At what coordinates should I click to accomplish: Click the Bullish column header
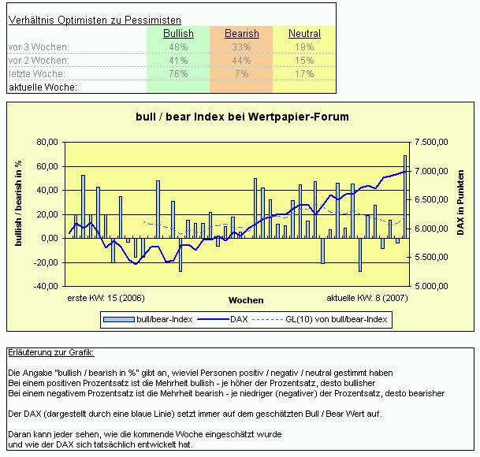pos(178,34)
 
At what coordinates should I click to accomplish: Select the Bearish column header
pos(241,34)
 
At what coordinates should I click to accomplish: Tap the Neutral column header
pos(304,34)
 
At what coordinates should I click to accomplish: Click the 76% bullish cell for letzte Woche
pos(178,73)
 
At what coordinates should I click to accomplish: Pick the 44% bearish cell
pos(241,60)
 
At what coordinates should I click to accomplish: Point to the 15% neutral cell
pos(304,60)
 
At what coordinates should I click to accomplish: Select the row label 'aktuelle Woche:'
pos(43,87)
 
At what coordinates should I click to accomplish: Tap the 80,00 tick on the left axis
pos(47,143)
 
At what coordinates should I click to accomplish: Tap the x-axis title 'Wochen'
pos(246,300)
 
